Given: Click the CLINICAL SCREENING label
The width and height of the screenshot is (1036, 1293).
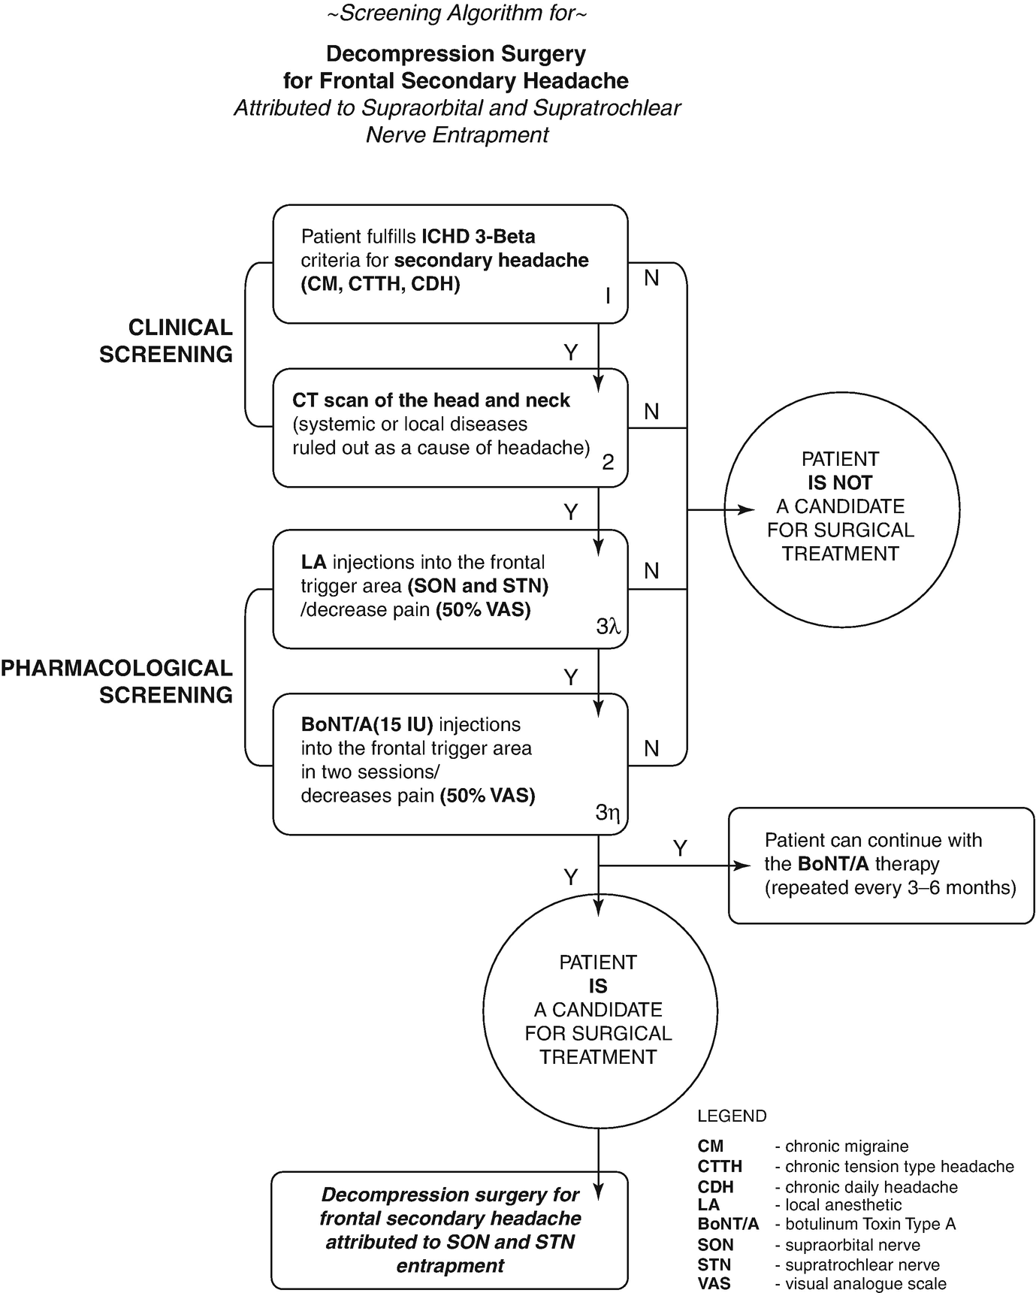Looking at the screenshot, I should pyautogui.click(x=166, y=341).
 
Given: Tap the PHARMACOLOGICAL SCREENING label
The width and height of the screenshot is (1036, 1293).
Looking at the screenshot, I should pyautogui.click(x=117, y=681).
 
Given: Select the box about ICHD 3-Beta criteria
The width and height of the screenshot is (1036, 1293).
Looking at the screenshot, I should pyautogui.click(x=449, y=264).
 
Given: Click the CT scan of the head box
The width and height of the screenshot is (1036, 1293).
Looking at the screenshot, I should pyautogui.click(x=449, y=427).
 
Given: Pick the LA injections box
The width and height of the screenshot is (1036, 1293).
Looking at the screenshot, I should pyautogui.click(x=449, y=588).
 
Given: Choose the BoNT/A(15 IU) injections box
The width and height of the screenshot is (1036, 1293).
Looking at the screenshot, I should pyautogui.click(x=449, y=763).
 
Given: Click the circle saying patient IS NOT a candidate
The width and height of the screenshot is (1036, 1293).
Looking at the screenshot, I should pyautogui.click(x=841, y=508).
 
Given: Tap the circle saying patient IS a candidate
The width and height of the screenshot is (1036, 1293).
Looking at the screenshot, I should pyautogui.click(x=598, y=1010).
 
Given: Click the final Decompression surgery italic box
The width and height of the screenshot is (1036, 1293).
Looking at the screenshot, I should pyautogui.click(x=449, y=1230).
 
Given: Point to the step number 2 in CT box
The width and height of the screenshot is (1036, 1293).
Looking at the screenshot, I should pyautogui.click(x=608, y=462).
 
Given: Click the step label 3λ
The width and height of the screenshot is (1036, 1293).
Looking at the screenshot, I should pyautogui.click(x=608, y=626).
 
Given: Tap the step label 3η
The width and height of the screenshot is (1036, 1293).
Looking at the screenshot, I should pyautogui.click(x=607, y=812).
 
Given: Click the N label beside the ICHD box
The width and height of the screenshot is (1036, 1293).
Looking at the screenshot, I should pyautogui.click(x=651, y=278).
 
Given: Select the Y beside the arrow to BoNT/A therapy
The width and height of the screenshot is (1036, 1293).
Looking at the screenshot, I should pyautogui.click(x=680, y=848).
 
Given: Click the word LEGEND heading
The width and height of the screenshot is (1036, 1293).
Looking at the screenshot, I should pyautogui.click(x=732, y=1116).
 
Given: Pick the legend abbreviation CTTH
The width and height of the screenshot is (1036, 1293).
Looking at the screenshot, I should pyautogui.click(x=720, y=1167).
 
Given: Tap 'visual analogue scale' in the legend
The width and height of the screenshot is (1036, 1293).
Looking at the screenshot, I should pyautogui.click(x=865, y=1283).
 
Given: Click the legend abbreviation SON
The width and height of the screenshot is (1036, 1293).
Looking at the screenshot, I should pyautogui.click(x=715, y=1245).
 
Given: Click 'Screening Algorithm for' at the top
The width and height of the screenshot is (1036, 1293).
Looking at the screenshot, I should pyautogui.click(x=457, y=14).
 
